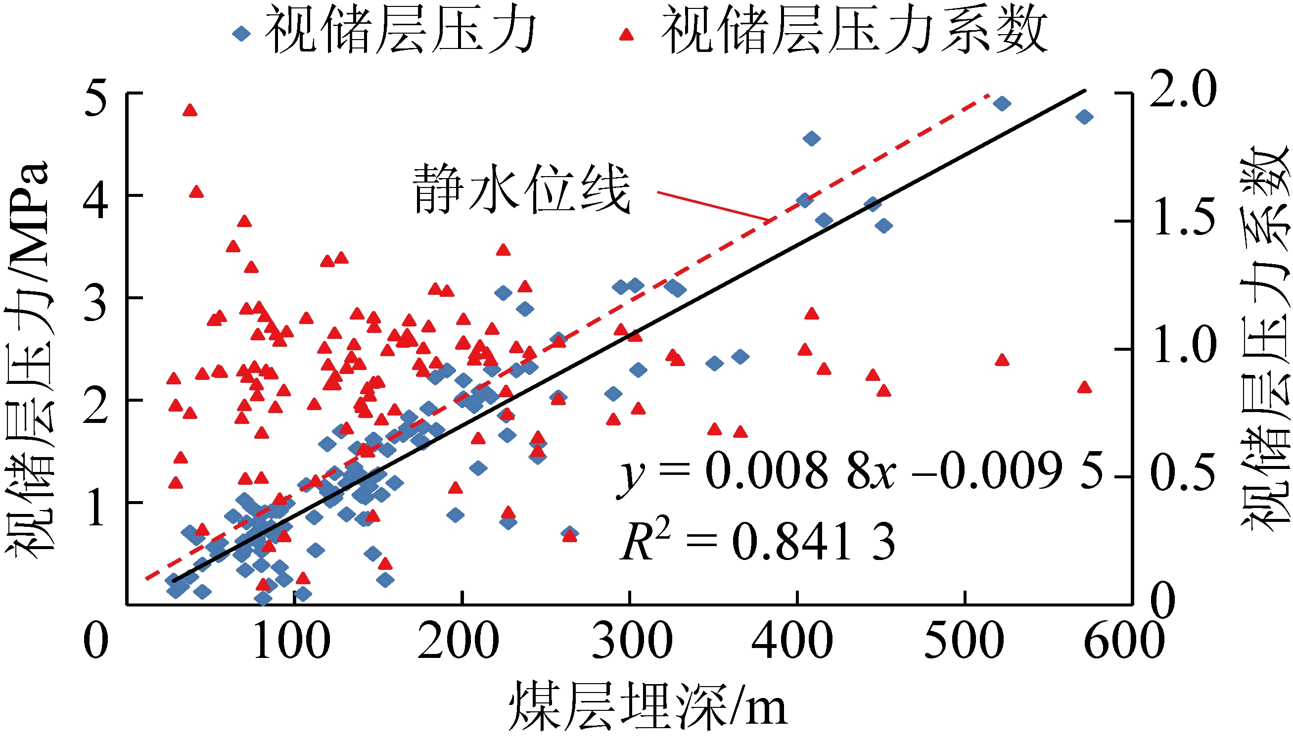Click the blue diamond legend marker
[241, 34]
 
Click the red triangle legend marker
[626, 34]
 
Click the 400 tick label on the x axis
[793, 641]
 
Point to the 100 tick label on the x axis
[291, 641]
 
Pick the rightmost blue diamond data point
[1085, 117]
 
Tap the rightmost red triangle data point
[1085, 388]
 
